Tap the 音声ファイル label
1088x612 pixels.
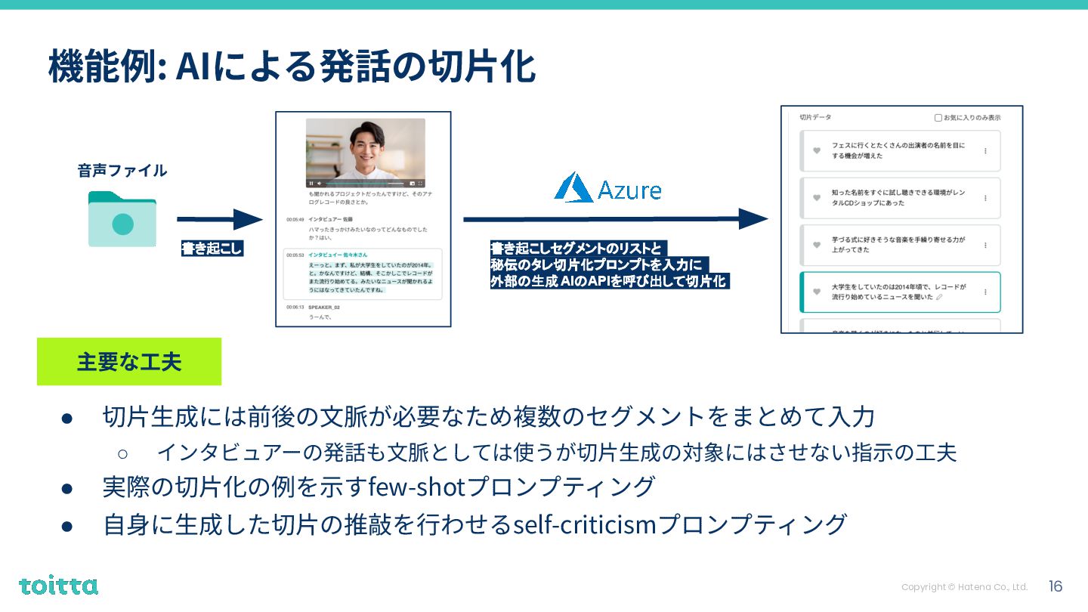[x=122, y=170]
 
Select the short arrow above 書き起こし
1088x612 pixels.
[x=219, y=219]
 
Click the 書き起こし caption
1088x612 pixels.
[x=212, y=248]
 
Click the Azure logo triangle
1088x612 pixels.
[x=573, y=187]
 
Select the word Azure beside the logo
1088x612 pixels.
[x=629, y=190]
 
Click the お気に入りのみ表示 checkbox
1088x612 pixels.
[x=938, y=118]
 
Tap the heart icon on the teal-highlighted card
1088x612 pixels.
[x=817, y=292]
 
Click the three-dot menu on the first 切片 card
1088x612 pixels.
[x=985, y=151]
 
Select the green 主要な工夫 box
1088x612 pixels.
[x=129, y=361]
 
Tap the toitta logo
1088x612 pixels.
[x=58, y=586]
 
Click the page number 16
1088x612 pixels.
[x=1056, y=586]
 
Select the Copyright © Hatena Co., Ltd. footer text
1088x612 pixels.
[x=964, y=587]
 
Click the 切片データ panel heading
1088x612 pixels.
[x=815, y=118]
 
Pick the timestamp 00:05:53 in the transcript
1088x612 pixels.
[x=295, y=255]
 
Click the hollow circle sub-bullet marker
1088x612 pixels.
[x=123, y=453]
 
